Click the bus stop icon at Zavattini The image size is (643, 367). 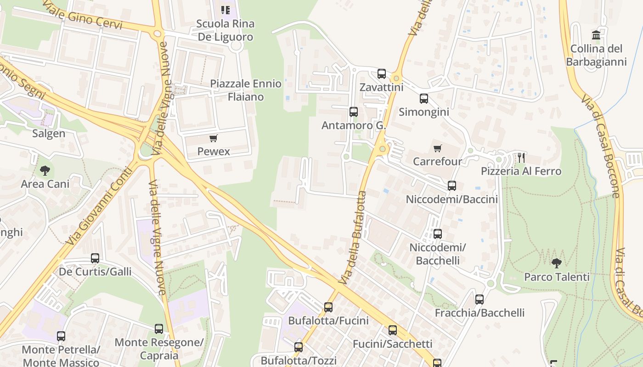point(382,73)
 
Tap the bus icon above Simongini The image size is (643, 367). point(423,98)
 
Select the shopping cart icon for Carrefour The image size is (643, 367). point(437,148)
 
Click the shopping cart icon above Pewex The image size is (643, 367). point(213,138)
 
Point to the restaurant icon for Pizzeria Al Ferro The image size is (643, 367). point(521,158)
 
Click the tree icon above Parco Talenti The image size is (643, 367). point(557,263)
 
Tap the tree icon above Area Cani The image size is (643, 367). point(45,171)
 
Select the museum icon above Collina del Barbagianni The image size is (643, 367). point(596,35)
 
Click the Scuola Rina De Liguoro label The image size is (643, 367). point(226,30)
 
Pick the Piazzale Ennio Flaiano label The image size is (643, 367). point(246,90)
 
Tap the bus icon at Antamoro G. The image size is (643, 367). point(353,111)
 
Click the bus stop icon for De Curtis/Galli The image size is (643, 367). point(95,258)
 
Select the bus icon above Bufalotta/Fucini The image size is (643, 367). point(328,307)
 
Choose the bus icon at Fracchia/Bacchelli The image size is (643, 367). point(479,300)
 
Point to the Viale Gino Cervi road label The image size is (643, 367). point(83,14)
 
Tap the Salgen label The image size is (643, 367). point(49,133)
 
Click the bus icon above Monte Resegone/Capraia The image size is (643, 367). point(159,328)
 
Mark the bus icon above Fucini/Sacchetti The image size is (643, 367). point(392,330)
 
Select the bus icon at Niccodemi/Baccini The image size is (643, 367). point(452,186)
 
